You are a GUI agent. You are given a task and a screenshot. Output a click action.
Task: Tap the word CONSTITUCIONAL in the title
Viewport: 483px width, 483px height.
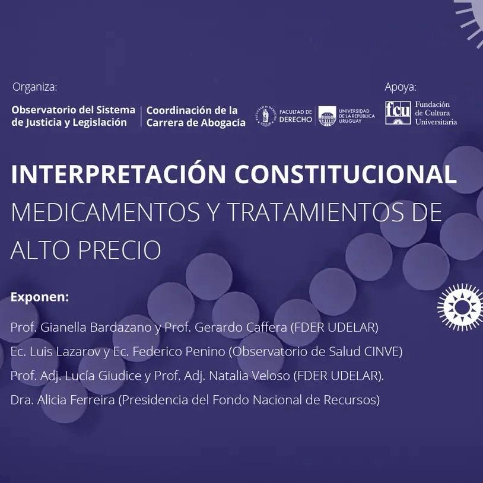tap(345, 174)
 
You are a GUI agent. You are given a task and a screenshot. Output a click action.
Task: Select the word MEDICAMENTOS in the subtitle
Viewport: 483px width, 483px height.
tap(106, 212)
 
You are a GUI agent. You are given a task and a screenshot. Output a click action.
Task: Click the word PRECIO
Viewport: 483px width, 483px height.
tap(120, 249)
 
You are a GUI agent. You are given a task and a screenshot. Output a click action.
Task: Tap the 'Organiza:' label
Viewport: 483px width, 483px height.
tap(35, 87)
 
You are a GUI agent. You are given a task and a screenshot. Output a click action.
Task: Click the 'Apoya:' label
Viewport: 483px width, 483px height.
tap(400, 87)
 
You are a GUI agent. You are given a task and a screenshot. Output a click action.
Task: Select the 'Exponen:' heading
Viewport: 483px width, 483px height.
tap(40, 297)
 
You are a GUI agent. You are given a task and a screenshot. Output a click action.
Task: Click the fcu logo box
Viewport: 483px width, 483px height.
tap(398, 113)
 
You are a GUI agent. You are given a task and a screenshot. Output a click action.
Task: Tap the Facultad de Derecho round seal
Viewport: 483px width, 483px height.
tap(265, 116)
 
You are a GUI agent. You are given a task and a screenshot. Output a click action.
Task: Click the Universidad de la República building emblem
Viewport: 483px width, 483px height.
tap(327, 116)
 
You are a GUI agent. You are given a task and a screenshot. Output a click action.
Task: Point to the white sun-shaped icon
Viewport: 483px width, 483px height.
tap(461, 307)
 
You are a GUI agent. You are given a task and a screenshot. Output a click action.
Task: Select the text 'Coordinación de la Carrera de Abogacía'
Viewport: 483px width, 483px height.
tap(196, 116)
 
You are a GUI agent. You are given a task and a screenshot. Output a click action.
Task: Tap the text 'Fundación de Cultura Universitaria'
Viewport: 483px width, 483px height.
tap(436, 113)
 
